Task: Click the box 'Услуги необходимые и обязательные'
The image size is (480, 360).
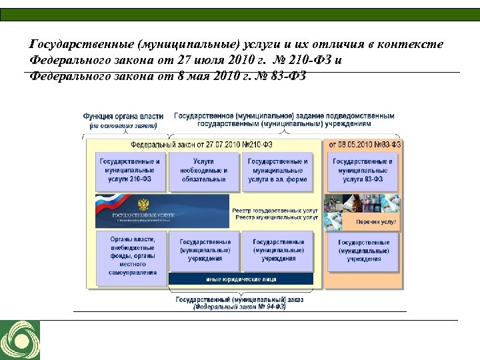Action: coord(203,171)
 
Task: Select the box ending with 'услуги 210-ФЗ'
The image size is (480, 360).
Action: coord(129,171)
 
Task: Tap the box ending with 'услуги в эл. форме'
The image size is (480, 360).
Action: coord(278,171)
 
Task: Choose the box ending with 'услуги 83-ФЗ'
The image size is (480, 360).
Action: coord(363,171)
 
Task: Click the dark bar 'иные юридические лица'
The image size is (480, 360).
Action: coord(241,279)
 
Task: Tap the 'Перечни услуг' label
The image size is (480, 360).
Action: coord(376,221)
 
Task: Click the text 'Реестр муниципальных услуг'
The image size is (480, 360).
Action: coord(275,217)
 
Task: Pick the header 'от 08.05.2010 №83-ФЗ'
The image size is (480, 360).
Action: coord(364,144)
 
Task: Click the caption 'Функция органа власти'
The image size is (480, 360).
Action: coord(123,117)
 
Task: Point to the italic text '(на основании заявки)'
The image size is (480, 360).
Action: coord(123,125)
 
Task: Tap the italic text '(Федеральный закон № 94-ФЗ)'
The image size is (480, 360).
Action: coord(239,307)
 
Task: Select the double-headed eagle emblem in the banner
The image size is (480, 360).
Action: coord(143,203)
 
